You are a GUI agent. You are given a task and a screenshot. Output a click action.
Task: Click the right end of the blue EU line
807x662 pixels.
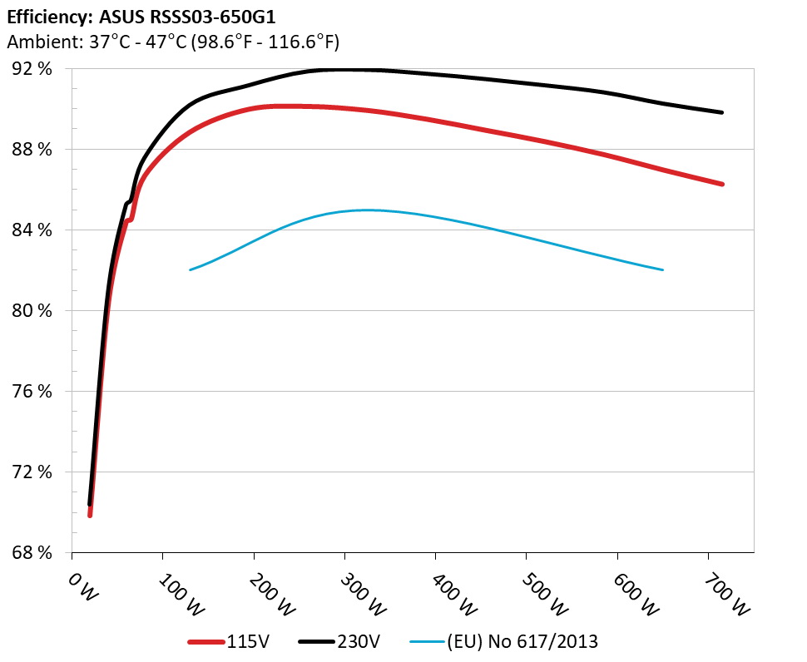663,269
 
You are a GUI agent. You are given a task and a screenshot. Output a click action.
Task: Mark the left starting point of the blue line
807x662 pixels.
191,269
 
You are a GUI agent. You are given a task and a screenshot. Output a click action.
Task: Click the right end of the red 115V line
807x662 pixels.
722,184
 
